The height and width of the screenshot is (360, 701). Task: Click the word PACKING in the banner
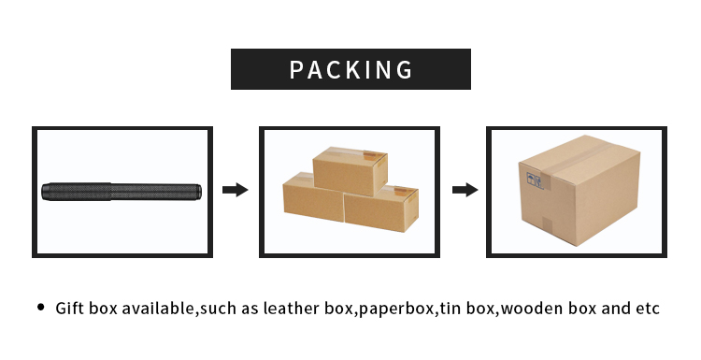tap(350, 69)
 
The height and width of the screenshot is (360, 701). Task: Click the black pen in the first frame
tap(122, 192)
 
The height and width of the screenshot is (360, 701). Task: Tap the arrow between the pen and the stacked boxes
tap(235, 190)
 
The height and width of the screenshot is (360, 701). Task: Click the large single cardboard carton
tap(580, 192)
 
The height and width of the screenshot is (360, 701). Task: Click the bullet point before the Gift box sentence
tap(40, 308)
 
